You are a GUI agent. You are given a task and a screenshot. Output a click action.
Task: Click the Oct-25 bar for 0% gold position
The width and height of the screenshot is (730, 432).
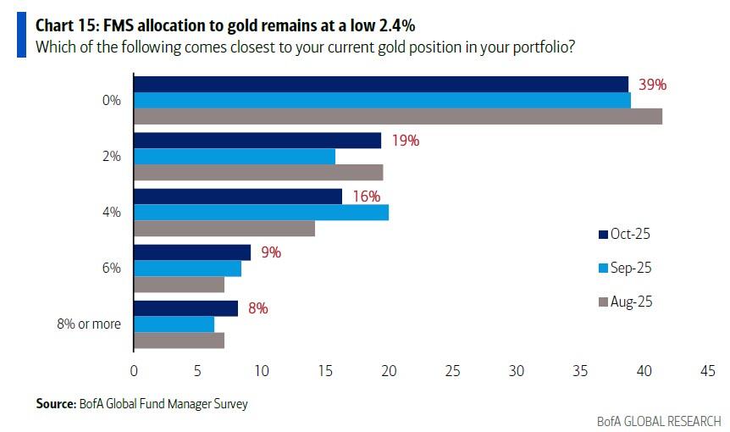pyautogui.click(x=381, y=84)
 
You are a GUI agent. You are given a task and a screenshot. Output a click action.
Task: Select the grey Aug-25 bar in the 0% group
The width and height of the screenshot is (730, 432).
pyautogui.click(x=398, y=116)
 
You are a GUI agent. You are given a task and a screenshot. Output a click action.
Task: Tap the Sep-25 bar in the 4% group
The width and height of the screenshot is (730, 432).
pyautogui.click(x=261, y=212)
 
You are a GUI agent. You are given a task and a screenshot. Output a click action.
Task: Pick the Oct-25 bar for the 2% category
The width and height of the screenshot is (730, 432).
pyautogui.click(x=257, y=141)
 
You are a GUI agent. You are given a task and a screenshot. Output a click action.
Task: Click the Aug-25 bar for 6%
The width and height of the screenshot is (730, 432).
pyautogui.click(x=179, y=285)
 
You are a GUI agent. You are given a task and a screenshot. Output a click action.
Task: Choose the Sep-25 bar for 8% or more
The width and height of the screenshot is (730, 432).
pyautogui.click(x=174, y=324)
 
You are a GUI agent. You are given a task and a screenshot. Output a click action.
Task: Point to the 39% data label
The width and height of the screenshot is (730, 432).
pyautogui.click(x=653, y=85)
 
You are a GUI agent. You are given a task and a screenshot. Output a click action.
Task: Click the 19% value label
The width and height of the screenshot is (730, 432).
pyautogui.click(x=405, y=141)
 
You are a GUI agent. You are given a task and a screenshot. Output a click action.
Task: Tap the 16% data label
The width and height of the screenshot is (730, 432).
pyautogui.click(x=367, y=196)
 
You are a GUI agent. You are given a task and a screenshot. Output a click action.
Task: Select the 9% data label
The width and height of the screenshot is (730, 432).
pyautogui.click(x=271, y=252)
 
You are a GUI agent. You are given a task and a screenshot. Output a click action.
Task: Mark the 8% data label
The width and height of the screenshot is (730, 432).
pyautogui.click(x=258, y=308)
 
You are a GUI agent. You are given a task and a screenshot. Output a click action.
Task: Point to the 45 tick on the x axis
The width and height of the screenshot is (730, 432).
pyautogui.click(x=707, y=370)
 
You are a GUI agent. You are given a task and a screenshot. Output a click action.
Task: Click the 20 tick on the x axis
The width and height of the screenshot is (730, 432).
pyautogui.click(x=389, y=370)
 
